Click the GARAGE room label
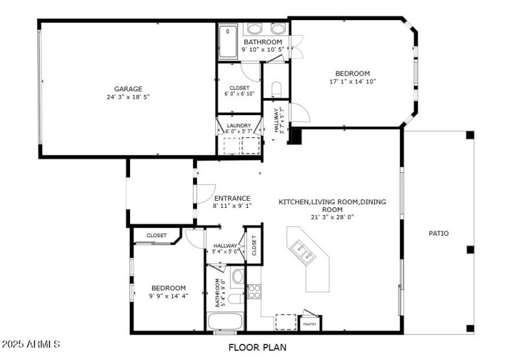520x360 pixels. pyautogui.click(x=128, y=89)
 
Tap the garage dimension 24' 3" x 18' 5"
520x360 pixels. pyautogui.click(x=128, y=97)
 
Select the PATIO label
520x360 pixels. pyautogui.click(x=438, y=233)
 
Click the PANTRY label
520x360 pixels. pyautogui.click(x=309, y=324)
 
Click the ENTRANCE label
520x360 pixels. pyautogui.click(x=232, y=198)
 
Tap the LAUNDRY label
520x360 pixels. pyautogui.click(x=239, y=125)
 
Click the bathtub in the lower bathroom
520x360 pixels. pyautogui.click(x=224, y=322)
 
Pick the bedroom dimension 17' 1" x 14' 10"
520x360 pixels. pyautogui.click(x=352, y=82)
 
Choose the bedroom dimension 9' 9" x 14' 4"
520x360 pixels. pyautogui.click(x=168, y=296)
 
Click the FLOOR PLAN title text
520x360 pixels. pyautogui.click(x=257, y=348)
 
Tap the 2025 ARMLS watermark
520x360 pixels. pyautogui.click(x=31, y=343)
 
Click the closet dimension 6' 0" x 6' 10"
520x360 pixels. pyautogui.click(x=239, y=94)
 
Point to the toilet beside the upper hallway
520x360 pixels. pyautogui.click(x=275, y=89)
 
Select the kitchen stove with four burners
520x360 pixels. pyautogui.click(x=253, y=292)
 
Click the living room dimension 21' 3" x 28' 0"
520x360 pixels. pyautogui.click(x=332, y=218)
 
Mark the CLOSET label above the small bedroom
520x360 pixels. pyautogui.click(x=156, y=235)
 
